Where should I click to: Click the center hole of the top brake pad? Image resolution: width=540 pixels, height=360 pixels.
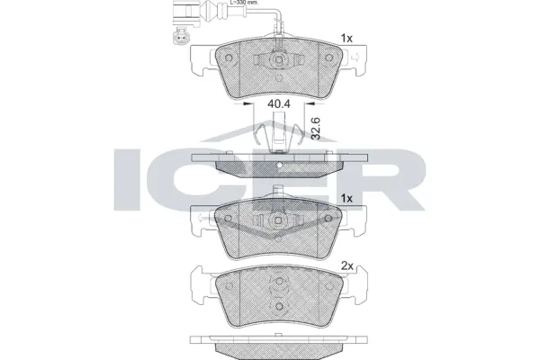coord(277,60)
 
